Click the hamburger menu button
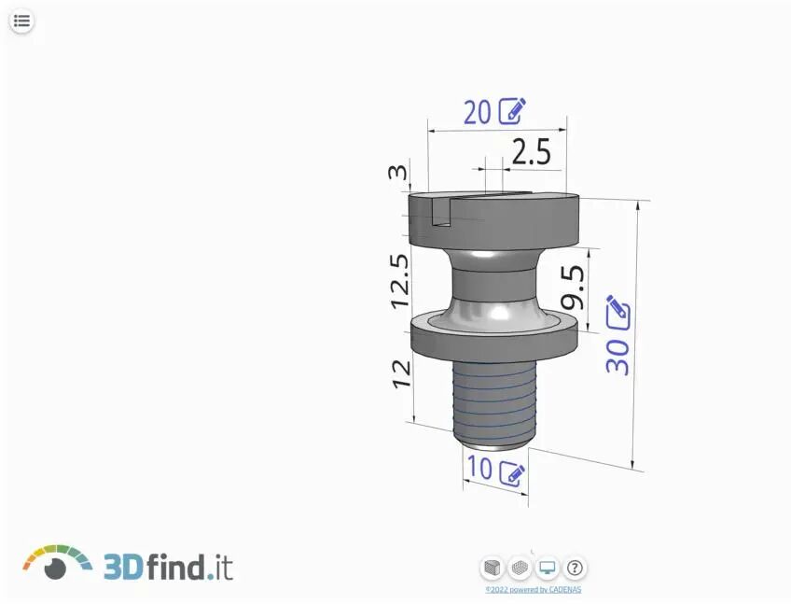click(22, 21)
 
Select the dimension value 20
click(477, 112)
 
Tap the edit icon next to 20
click(512, 111)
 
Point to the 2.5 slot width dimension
click(532, 151)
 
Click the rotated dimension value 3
click(398, 173)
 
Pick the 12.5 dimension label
click(400, 281)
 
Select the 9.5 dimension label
click(572, 287)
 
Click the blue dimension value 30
click(618, 355)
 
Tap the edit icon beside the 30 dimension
click(618, 311)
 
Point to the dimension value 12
click(401, 373)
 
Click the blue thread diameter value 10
click(479, 470)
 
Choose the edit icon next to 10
click(512, 472)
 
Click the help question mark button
click(576, 567)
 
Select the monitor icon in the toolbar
click(548, 567)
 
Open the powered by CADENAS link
click(534, 590)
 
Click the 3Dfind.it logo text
click(168, 566)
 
